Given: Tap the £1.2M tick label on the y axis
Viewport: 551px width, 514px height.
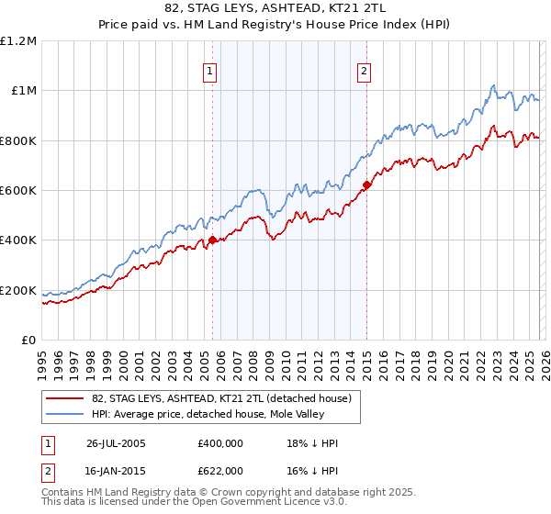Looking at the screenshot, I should tap(18, 41).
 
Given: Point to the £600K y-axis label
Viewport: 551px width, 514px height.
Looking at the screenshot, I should tap(18, 191).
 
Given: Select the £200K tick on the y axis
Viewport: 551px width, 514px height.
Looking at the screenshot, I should tap(18, 291).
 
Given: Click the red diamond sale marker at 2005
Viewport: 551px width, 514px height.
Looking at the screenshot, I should tap(212, 240).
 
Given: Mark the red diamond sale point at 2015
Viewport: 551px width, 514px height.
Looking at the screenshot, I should tap(366, 185).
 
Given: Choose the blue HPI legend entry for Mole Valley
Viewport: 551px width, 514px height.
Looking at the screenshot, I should tap(203, 415).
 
